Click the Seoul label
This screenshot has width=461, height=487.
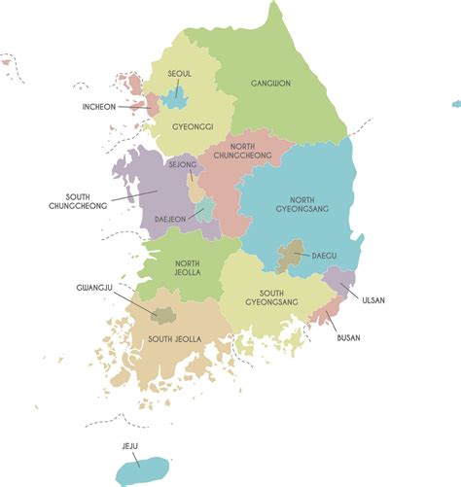click(x=180, y=73)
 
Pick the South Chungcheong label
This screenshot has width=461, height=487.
click(x=85, y=200)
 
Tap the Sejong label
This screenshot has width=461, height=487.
click(x=182, y=165)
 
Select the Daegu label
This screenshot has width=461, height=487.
click(x=324, y=256)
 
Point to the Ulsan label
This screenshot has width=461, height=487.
click(x=372, y=299)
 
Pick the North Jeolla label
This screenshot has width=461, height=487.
click(x=187, y=267)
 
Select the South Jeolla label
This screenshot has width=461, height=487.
click(x=174, y=338)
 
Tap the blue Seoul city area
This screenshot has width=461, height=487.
click(x=175, y=97)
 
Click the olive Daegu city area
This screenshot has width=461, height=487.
click(x=290, y=258)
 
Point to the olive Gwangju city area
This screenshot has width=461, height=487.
click(x=163, y=314)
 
